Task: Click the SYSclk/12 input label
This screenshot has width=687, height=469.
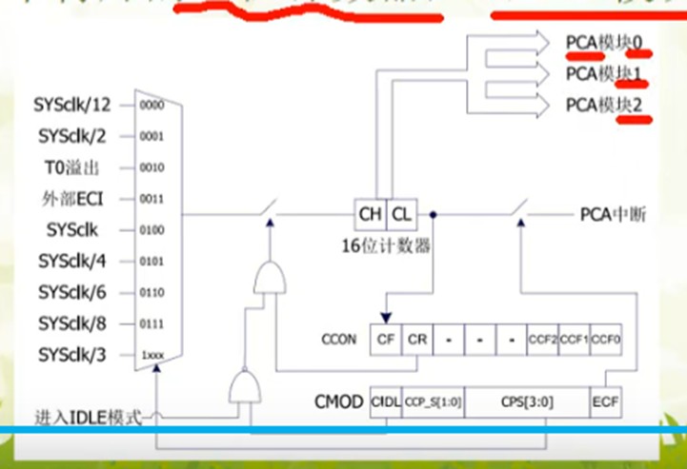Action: pyautogui.click(x=75, y=106)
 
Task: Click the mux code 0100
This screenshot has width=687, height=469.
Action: pyautogui.click(x=152, y=230)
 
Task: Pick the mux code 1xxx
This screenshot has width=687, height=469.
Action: pyautogui.click(x=152, y=355)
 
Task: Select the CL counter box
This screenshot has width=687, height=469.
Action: pyautogui.click(x=402, y=214)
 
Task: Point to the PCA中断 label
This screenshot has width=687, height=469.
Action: pyautogui.click(x=613, y=215)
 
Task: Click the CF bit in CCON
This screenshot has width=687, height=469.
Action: pyautogui.click(x=385, y=339)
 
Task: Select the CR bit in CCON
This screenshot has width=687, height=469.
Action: pyautogui.click(x=417, y=339)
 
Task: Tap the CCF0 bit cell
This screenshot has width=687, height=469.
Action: pyautogui.click(x=606, y=339)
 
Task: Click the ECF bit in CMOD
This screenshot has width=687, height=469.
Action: pyautogui.click(x=605, y=402)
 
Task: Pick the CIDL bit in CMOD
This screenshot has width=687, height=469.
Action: pyautogui.click(x=384, y=402)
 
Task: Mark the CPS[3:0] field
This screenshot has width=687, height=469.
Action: pyautogui.click(x=528, y=402)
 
